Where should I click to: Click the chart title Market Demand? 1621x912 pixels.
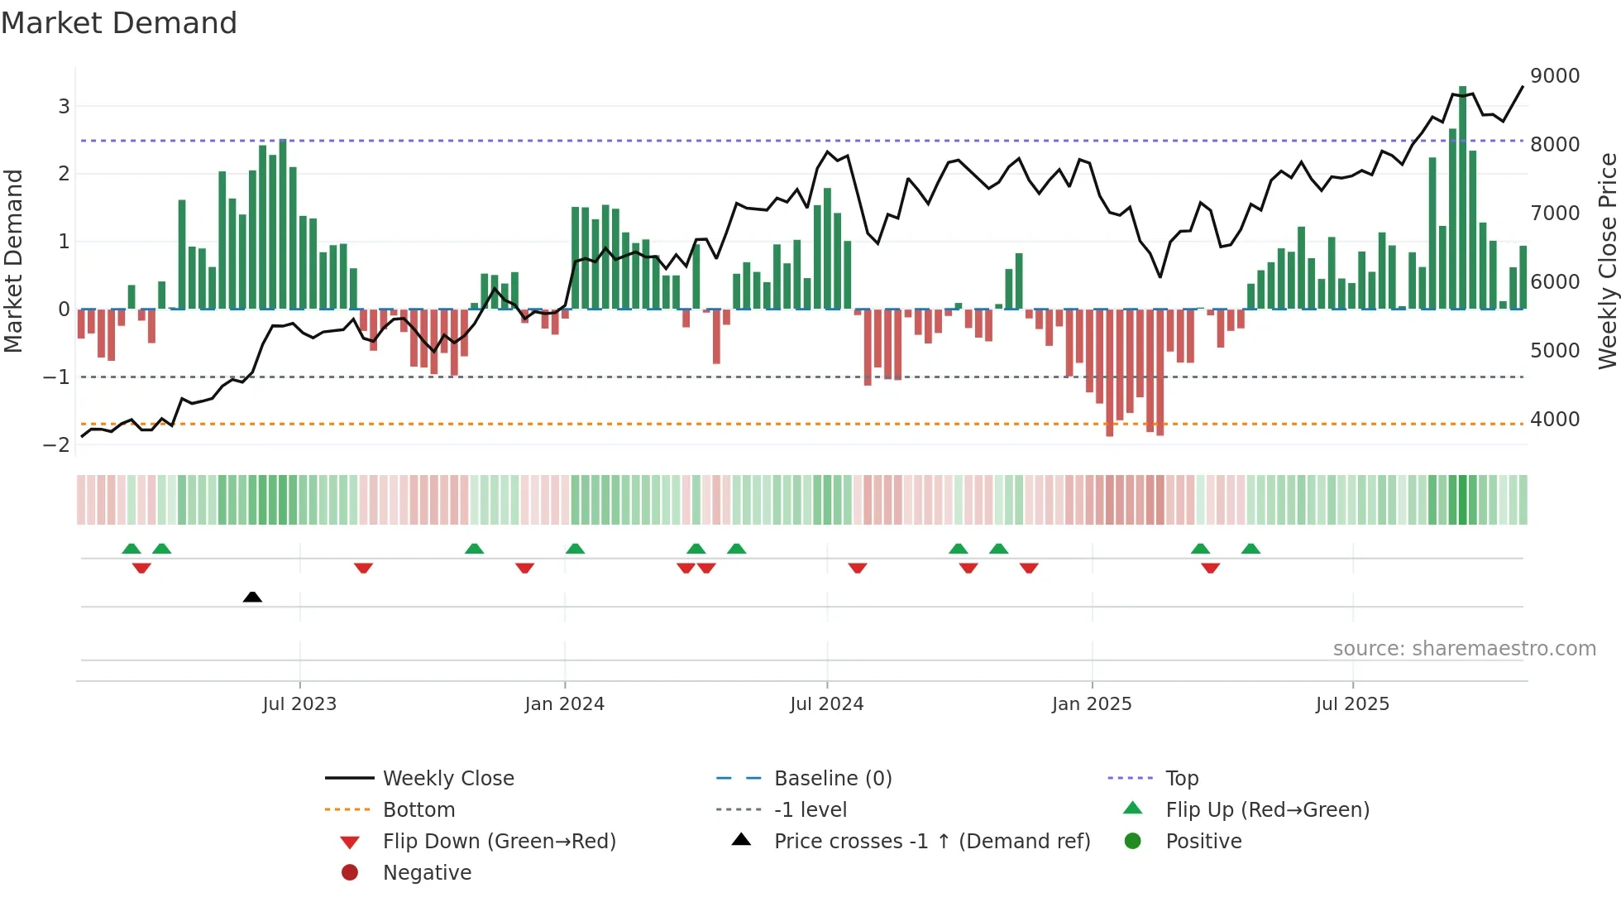pyautogui.click(x=119, y=23)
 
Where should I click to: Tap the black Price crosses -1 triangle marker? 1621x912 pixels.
pyautogui.click(x=252, y=597)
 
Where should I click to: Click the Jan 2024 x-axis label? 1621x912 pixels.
pyautogui.click(x=564, y=704)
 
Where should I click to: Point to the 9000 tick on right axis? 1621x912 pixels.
pyautogui.click(x=1555, y=76)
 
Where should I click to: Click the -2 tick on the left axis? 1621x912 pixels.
pyautogui.click(x=56, y=444)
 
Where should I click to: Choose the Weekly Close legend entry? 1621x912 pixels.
pyautogui.click(x=447, y=779)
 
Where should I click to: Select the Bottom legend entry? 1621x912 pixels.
pyautogui.click(x=418, y=810)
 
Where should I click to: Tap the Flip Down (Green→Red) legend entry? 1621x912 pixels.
pyautogui.click(x=499, y=842)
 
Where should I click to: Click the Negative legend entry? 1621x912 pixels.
pyautogui.click(x=427, y=873)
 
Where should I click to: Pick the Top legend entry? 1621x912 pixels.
pyautogui.click(x=1181, y=779)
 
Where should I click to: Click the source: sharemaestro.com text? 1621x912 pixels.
pyautogui.click(x=1464, y=649)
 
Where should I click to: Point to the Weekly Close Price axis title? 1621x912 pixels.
pyautogui.click(x=1607, y=261)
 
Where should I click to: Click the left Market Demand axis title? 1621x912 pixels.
pyautogui.click(x=14, y=261)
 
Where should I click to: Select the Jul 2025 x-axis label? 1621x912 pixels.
pyautogui.click(x=1352, y=704)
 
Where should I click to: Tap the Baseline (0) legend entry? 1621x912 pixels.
pyautogui.click(x=832, y=779)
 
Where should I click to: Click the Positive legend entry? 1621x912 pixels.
pyautogui.click(x=1203, y=842)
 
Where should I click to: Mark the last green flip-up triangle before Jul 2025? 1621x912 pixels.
pyautogui.click(x=1250, y=549)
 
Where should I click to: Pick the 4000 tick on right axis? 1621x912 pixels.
pyautogui.click(x=1555, y=420)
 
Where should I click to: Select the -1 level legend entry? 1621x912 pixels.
pyautogui.click(x=810, y=810)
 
